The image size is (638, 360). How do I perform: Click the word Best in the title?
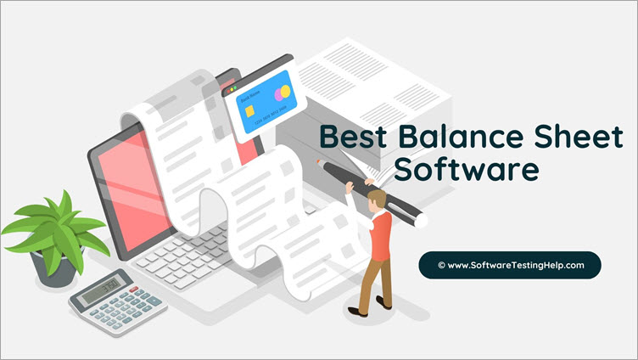350,138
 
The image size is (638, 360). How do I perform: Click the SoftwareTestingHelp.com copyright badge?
510,265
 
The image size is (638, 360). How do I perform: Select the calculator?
118,301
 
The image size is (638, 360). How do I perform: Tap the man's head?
376,199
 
